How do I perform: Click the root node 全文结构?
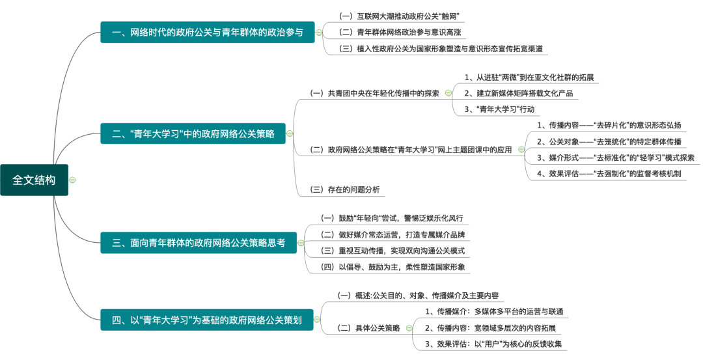pos(34,180)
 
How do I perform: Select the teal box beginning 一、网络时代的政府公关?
pos(208,32)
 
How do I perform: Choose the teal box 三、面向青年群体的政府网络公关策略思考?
pos(198,243)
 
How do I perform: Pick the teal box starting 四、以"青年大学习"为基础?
pos(206,320)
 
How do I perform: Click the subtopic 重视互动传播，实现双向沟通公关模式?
pos(393,251)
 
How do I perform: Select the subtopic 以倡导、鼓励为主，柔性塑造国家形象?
pos(393,267)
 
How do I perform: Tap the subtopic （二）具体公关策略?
pos(368,328)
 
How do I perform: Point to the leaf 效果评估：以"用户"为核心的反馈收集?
pos(493,344)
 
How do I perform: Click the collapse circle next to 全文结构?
pos(73,180)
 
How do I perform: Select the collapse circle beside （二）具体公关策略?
pos(408,328)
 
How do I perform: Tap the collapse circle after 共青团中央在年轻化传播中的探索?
pos(448,93)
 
